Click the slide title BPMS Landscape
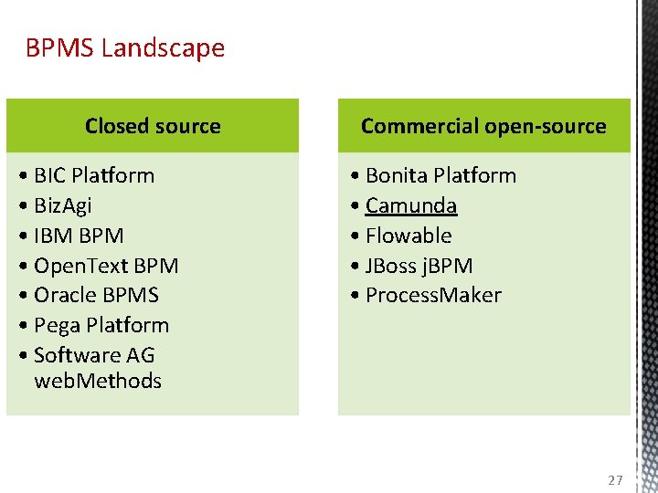click(x=125, y=47)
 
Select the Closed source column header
click(x=153, y=126)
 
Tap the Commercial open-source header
click(x=483, y=126)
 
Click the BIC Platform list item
click(x=93, y=175)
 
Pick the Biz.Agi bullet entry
click(x=62, y=205)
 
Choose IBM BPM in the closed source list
click(x=78, y=236)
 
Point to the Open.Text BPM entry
click(x=105, y=266)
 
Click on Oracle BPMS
click(x=96, y=295)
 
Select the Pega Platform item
click(x=101, y=325)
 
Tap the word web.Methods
click(x=98, y=381)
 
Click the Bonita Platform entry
click(x=440, y=175)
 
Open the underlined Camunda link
click(x=411, y=205)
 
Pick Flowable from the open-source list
click(x=409, y=236)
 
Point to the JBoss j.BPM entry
click(x=419, y=266)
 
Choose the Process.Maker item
click(x=433, y=295)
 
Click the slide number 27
click(x=614, y=480)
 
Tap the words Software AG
click(x=94, y=355)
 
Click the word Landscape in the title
click(x=163, y=47)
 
